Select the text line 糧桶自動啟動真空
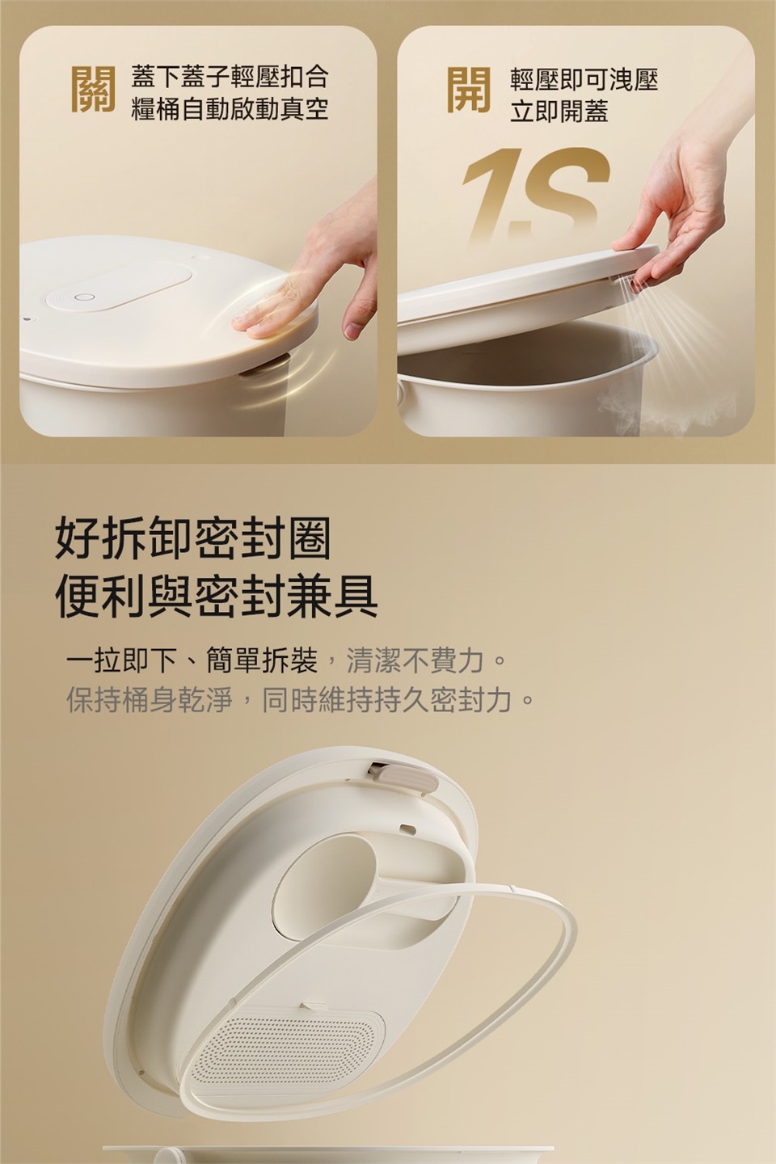[x=230, y=108]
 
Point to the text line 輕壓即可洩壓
[x=584, y=79]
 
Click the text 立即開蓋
[x=559, y=112]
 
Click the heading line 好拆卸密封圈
[x=193, y=538]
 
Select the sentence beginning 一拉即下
[x=286, y=661]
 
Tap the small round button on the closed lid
[x=84, y=297]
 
